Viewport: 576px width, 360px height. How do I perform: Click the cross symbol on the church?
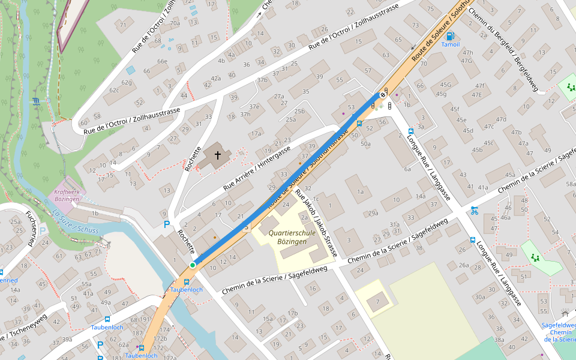[x=218, y=155]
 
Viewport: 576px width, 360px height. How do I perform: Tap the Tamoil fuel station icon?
[x=450, y=36]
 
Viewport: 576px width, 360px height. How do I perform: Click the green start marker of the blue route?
[x=193, y=265]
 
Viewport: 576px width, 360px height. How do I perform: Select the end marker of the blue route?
[x=382, y=94]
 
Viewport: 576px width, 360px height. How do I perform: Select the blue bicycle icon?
[x=475, y=210]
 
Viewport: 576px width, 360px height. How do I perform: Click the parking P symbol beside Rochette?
[x=167, y=224]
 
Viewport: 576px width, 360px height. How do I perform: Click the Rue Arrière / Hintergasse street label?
[x=257, y=169]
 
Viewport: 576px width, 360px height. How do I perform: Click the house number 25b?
[x=299, y=111]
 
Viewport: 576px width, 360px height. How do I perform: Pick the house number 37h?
[x=245, y=114]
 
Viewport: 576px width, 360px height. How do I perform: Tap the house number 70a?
[x=175, y=23]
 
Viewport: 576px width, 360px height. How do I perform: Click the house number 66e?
[x=162, y=61]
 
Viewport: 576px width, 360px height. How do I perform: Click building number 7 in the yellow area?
[x=377, y=301]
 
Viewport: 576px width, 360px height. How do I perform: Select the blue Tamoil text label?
[x=450, y=44]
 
